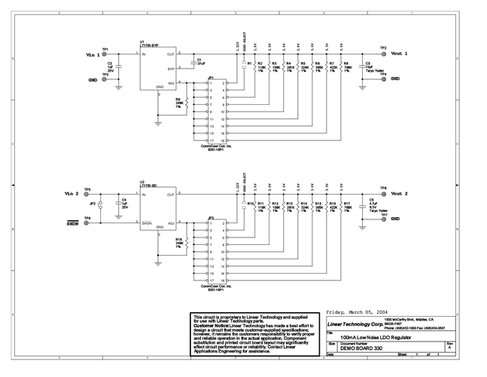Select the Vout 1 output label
pyautogui.click(x=399, y=54)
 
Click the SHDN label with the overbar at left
pyautogui.click(x=72, y=223)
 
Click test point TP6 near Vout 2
pyautogui.click(x=383, y=188)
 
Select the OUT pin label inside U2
pyautogui.click(x=171, y=195)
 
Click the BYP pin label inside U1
pyautogui.click(x=171, y=68)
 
